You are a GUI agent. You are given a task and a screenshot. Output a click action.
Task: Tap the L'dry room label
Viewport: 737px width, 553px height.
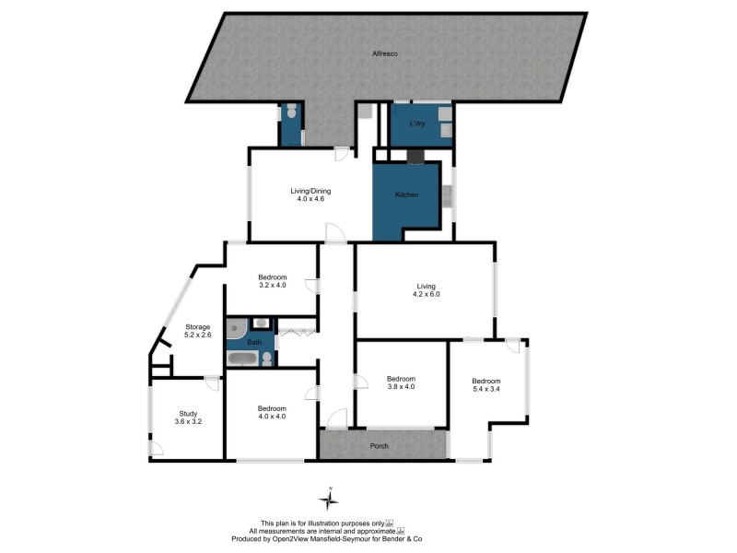click(415, 124)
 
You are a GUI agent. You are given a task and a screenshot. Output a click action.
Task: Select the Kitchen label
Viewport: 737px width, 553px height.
click(407, 195)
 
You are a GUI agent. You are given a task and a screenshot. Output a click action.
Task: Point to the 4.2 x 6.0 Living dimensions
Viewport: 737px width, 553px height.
click(425, 296)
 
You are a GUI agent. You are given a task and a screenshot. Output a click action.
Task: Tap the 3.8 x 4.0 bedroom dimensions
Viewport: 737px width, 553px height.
click(401, 387)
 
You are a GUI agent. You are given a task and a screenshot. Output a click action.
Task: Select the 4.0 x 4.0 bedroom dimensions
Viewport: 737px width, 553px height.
click(272, 417)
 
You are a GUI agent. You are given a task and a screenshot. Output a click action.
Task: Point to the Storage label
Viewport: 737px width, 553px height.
click(198, 326)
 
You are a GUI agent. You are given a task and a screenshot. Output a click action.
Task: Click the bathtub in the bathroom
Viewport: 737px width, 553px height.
click(243, 359)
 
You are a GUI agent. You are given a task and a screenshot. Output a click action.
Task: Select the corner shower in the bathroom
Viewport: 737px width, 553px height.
click(236, 325)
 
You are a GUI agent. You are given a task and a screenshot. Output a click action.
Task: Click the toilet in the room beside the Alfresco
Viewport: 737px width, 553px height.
click(291, 112)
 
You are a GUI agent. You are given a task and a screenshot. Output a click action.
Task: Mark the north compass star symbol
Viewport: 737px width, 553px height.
click(329, 500)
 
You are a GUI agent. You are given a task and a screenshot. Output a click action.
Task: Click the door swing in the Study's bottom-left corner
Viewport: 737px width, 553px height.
click(158, 449)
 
